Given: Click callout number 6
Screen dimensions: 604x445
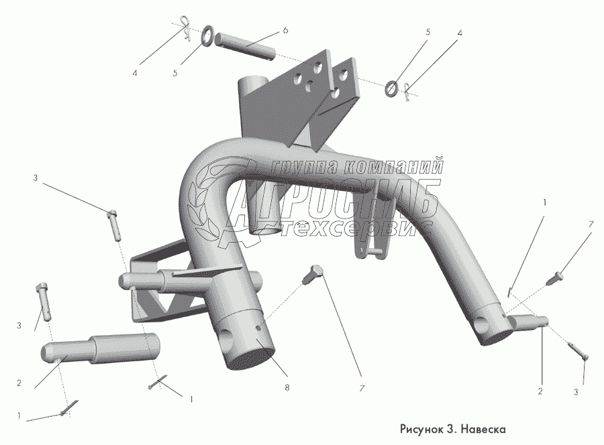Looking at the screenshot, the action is click(285, 31).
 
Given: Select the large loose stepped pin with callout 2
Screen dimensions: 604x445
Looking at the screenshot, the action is click(101, 346).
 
